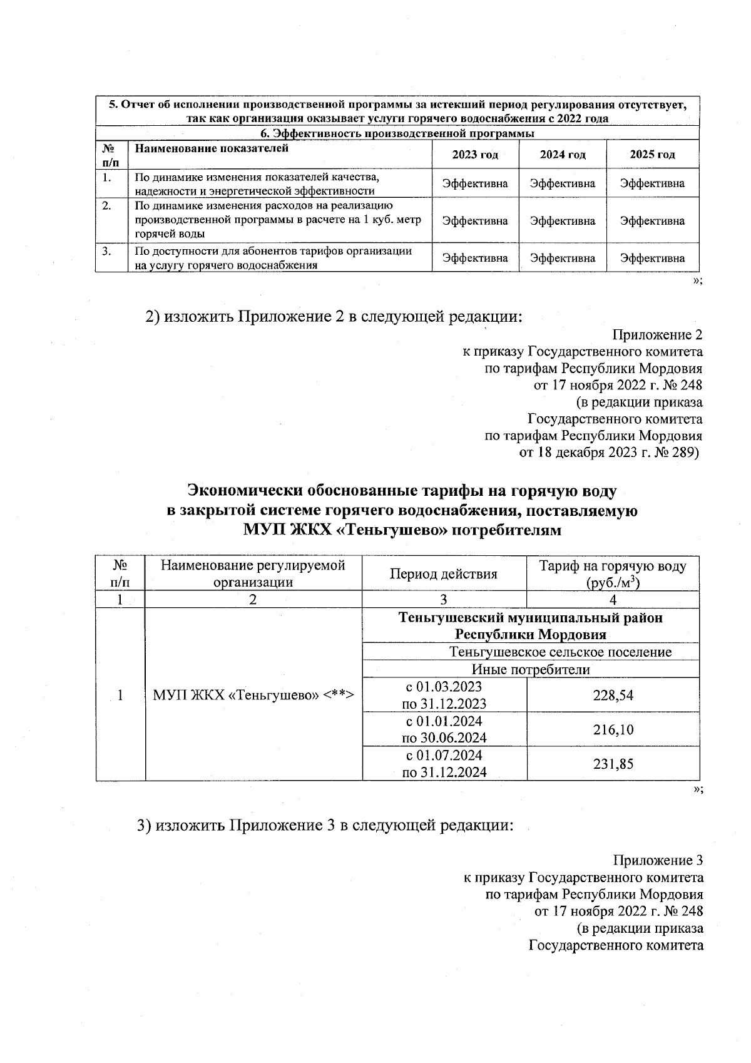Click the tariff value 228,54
tap(613, 695)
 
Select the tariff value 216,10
tap(613, 729)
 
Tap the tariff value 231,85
tap(613, 764)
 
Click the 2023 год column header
tap(475, 155)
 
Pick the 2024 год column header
tap(562, 155)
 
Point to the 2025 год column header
tap(652, 155)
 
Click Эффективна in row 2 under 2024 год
tap(562, 221)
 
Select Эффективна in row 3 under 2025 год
tap(652, 258)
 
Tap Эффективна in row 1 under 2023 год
tap(475, 183)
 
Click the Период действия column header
tap(444, 574)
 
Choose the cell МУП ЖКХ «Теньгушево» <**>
tap(253, 695)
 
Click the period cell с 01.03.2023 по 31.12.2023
tap(444, 695)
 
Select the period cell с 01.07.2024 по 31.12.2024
tap(444, 764)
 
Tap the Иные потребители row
tap(530, 670)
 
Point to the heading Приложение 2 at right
tap(656, 335)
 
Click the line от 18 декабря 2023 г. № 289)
tap(610, 453)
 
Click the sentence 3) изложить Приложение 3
tap(325, 825)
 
